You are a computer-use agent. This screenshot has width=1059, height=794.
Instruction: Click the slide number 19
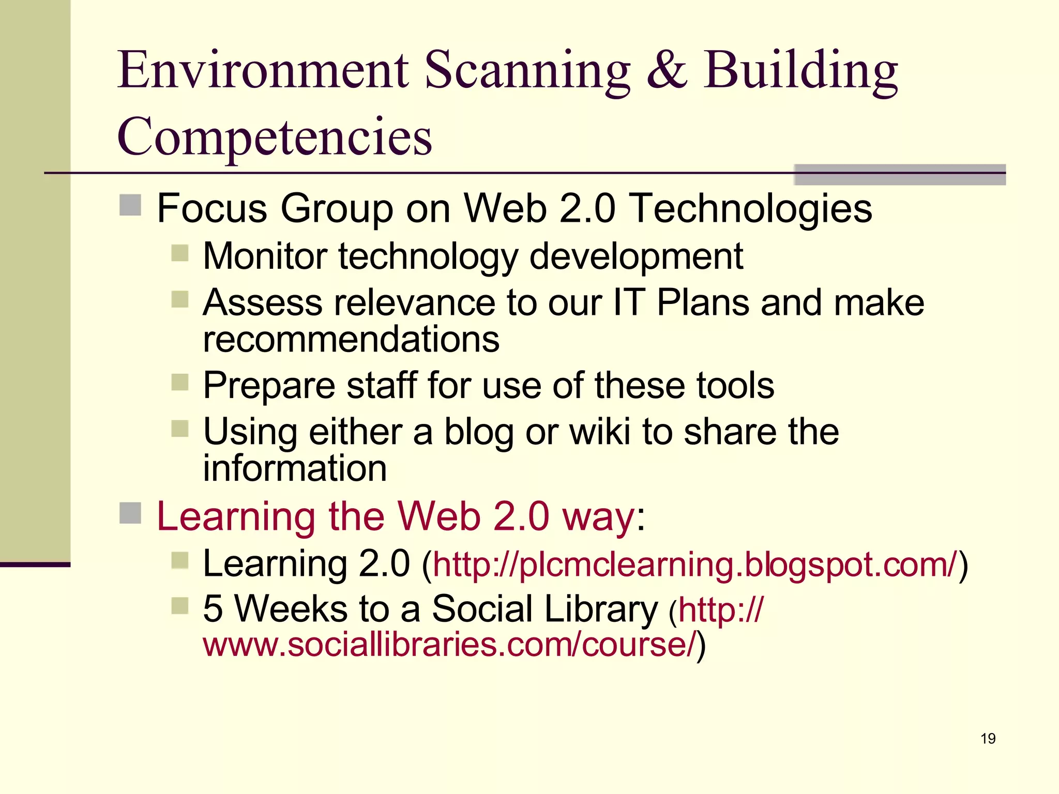[x=988, y=738]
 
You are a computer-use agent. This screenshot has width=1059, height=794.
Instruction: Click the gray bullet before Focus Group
[x=130, y=205]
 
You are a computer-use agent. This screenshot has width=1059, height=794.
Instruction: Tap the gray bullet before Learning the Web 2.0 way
[x=130, y=513]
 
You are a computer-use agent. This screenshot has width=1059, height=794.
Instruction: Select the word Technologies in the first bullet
[x=752, y=208]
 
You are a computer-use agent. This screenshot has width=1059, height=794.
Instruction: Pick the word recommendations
[x=351, y=339]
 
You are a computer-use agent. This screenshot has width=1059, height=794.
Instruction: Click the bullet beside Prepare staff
[x=180, y=383]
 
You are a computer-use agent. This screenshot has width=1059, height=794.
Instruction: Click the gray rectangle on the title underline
[x=900, y=174]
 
